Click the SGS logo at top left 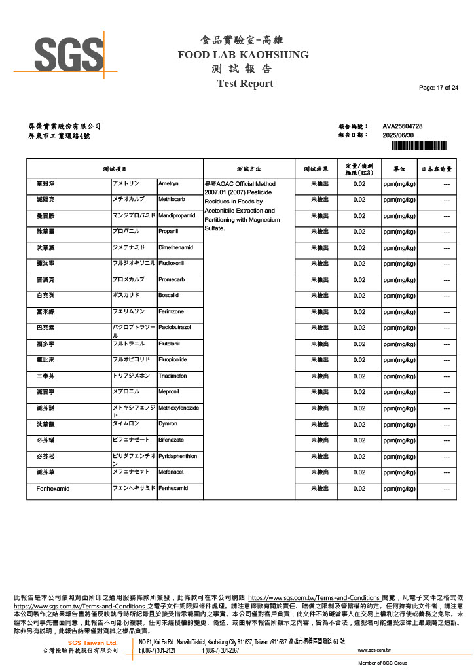click(68, 53)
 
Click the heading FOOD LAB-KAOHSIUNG click(243, 55)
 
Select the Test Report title click(245, 84)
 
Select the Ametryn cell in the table click(168, 184)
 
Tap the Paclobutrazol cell click(175, 327)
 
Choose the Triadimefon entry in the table click(173, 376)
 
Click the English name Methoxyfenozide click(179, 408)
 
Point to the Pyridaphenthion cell click(177, 456)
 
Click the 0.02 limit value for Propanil click(359, 232)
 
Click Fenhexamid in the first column click(53, 489)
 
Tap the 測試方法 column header click(248, 169)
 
